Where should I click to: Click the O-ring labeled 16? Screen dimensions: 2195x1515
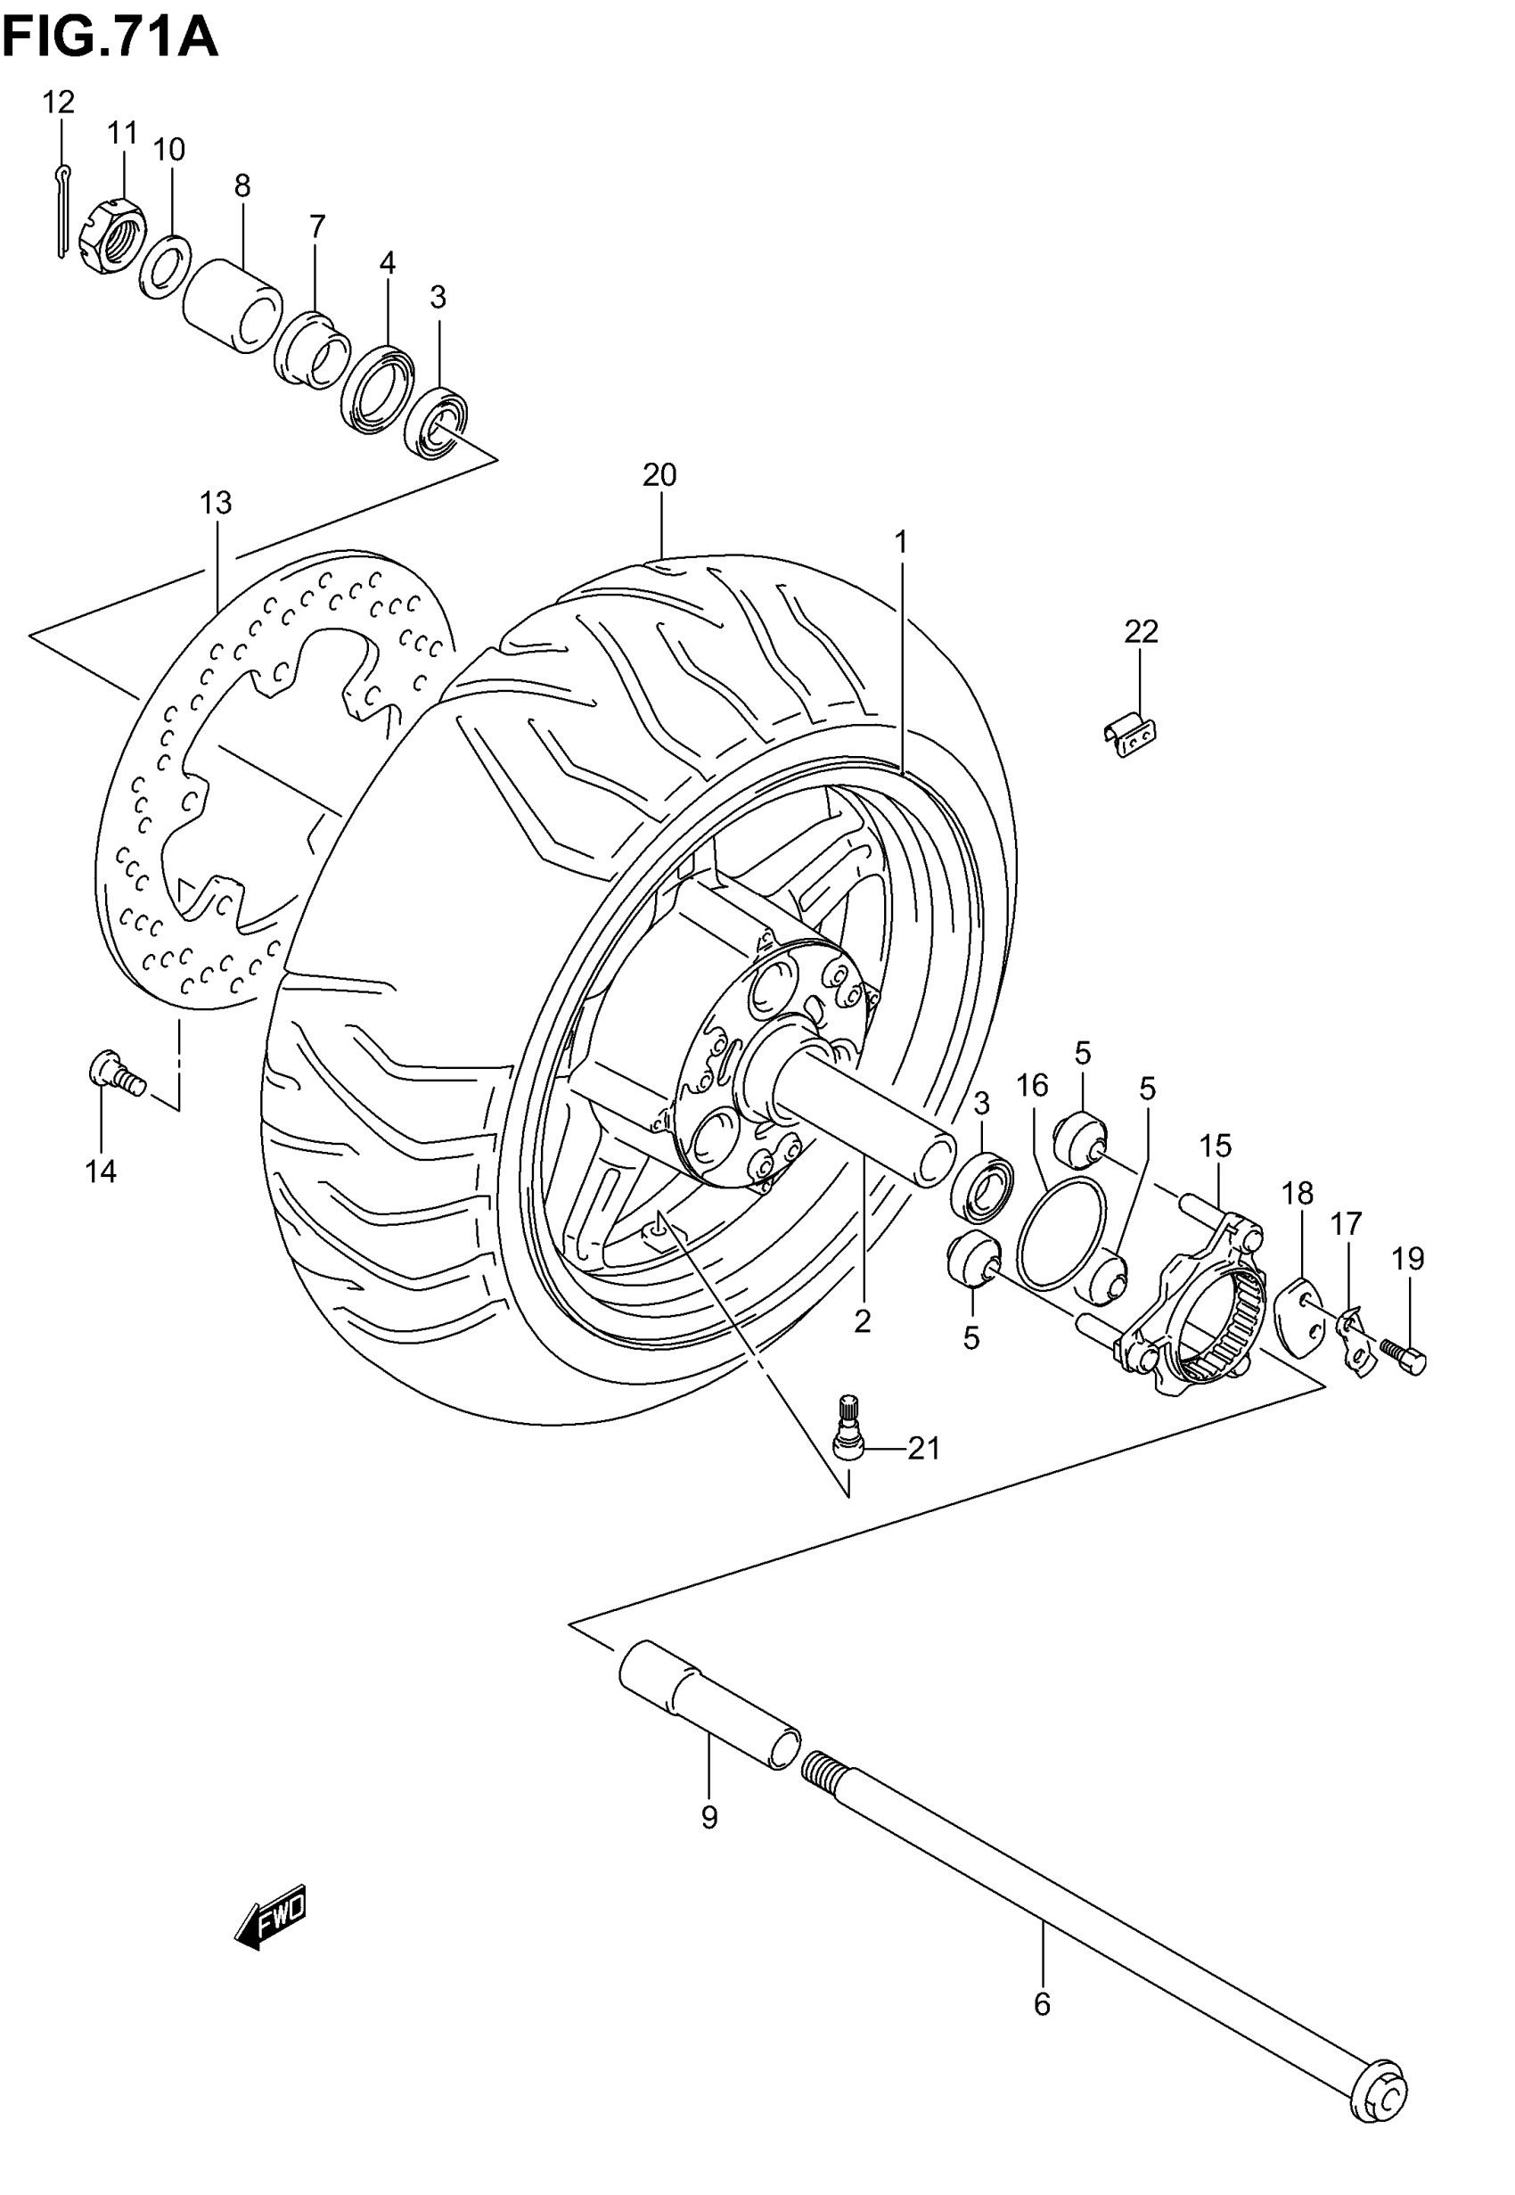[x=1061, y=1234]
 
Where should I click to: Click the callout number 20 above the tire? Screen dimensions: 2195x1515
[x=659, y=474]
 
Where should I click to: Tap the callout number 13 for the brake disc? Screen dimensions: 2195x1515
[x=216, y=502]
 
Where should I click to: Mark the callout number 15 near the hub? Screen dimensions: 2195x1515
[x=1215, y=1146]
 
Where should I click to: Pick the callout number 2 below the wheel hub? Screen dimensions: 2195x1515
[x=862, y=1320]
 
